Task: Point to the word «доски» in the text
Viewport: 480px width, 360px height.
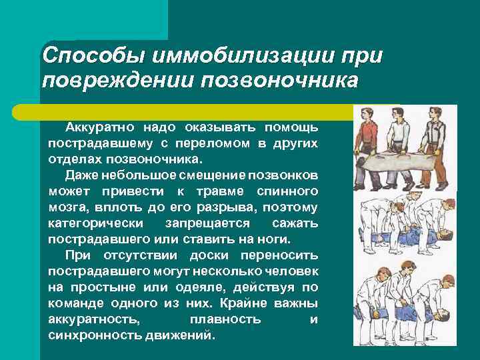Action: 217,255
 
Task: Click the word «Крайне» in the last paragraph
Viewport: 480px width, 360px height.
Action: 240,303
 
